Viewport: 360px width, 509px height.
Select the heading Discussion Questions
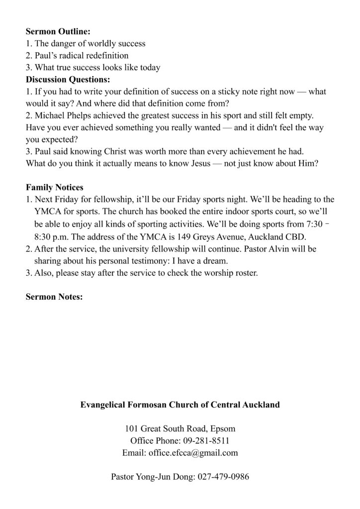pyautogui.click(x=68, y=80)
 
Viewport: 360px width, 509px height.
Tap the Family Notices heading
pyautogui.click(x=55, y=187)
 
